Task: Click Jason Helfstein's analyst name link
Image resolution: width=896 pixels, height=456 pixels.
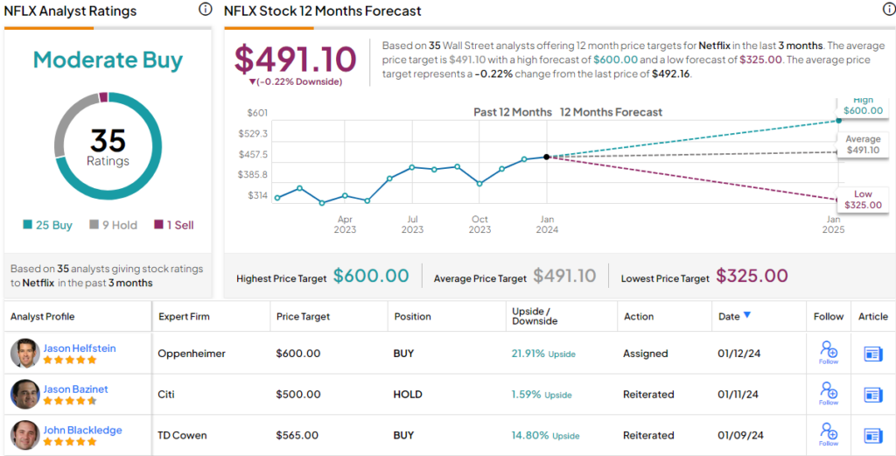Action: point(79,348)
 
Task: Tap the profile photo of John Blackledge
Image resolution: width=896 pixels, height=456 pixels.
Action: point(25,435)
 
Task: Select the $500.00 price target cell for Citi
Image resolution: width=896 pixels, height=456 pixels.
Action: point(298,395)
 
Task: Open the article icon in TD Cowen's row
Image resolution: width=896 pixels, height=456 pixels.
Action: point(872,435)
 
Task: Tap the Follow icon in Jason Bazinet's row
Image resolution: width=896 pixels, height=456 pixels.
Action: point(829,392)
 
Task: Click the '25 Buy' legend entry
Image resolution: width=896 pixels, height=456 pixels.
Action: point(48,225)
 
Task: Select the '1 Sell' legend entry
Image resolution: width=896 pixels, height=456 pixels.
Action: point(174,225)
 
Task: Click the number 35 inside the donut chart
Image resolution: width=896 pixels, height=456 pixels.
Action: point(108,140)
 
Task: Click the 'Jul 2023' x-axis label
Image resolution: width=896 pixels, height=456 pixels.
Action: point(411,224)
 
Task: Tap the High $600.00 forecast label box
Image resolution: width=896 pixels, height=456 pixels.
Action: point(863,106)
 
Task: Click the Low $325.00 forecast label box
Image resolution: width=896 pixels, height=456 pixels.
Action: point(863,200)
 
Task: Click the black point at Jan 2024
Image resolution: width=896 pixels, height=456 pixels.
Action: point(547,157)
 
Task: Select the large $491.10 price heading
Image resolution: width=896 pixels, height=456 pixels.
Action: point(295,59)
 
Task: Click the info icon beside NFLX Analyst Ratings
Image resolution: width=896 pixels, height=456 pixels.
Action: point(205,10)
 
